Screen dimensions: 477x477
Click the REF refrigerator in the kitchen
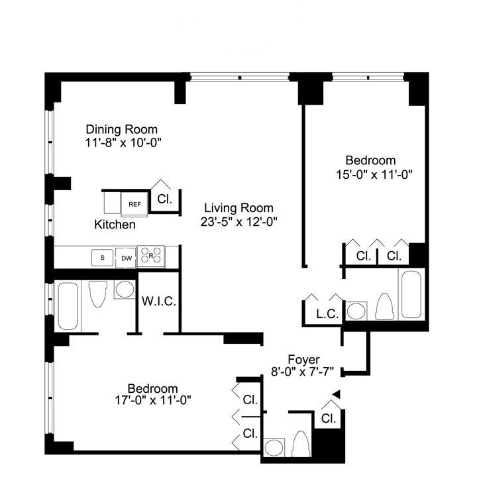coord(134,204)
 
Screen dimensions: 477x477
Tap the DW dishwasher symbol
coord(127,258)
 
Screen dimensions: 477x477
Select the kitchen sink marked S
coord(102,258)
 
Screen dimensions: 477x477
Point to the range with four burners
coord(151,256)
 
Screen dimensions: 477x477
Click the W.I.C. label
coord(159,301)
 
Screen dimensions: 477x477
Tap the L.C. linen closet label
coord(327,313)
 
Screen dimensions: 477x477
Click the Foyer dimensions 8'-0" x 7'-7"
coord(302,372)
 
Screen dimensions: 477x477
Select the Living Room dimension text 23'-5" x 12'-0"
coord(238,222)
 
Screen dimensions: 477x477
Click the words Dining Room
coord(122,130)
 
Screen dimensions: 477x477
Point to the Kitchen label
coord(115,225)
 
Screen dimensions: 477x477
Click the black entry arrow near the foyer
coord(336,394)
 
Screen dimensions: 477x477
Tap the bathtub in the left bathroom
coord(68,306)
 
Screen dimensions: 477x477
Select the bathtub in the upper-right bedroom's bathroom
coord(411,294)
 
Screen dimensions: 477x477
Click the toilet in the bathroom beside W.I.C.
coord(98,293)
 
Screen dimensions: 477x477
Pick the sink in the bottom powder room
coord(274,447)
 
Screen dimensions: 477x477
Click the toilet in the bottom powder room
coord(301,444)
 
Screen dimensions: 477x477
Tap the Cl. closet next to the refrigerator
coord(165,199)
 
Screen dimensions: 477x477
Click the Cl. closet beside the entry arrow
coord(329,419)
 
